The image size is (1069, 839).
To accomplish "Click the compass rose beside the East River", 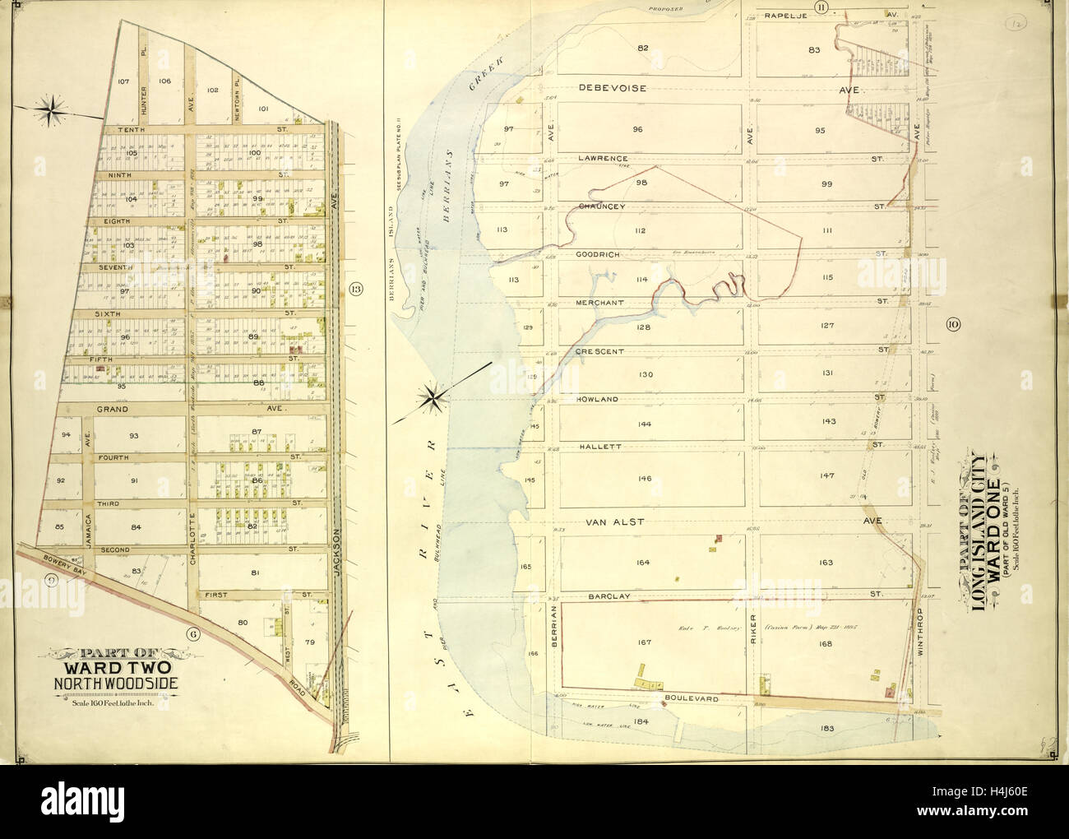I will [x=430, y=399].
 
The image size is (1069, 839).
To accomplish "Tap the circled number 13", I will [x=355, y=288].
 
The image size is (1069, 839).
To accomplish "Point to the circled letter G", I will [x=193, y=633].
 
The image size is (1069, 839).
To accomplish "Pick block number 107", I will [x=124, y=81].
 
